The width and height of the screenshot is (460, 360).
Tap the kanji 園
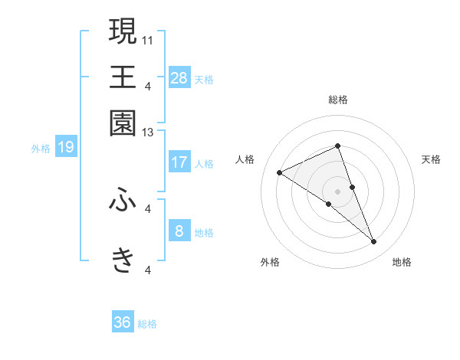pos(123,123)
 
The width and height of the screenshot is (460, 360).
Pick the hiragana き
pos(123,260)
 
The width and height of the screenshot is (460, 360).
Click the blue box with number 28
pos(179,78)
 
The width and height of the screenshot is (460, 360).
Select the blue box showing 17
pos(179,162)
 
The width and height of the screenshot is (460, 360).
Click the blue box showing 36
pos(123,322)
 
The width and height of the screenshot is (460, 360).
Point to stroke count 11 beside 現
pos(148,38)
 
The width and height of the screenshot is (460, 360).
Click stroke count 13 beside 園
pos(148,133)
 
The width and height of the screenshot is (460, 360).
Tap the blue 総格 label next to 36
pos(147,324)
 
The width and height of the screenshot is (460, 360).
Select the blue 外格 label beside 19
pos(41,149)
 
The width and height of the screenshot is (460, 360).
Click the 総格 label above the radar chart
pos(338,100)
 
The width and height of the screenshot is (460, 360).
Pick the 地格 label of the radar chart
pos(402,262)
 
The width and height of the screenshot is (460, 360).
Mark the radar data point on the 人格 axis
pos(280,173)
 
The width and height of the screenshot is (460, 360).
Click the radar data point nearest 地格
pos(373,242)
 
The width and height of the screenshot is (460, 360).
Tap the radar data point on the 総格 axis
pos(338,146)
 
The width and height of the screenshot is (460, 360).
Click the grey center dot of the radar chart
pos(338,191)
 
